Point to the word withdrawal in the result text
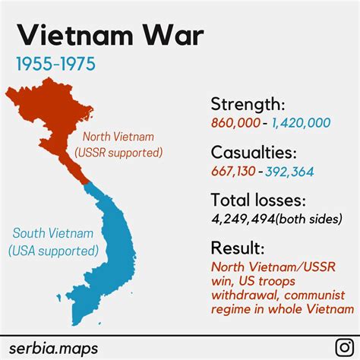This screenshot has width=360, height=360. (x=244, y=295)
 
